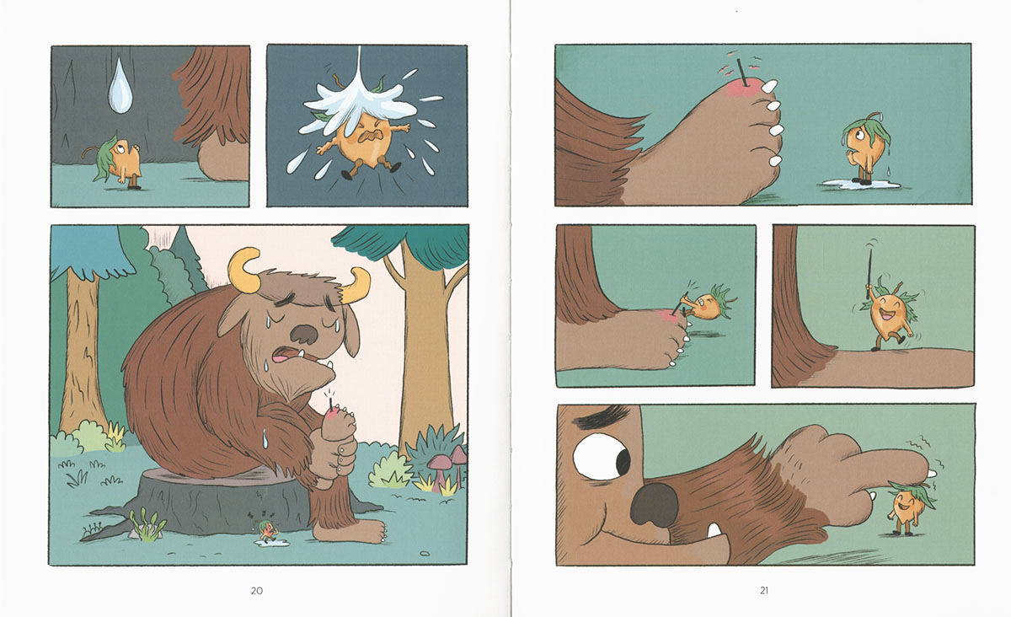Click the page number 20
point(257,590)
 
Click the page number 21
point(763,590)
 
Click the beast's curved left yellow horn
point(244,270)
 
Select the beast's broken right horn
point(356,286)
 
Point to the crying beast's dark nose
point(304,334)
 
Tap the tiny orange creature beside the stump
point(266,532)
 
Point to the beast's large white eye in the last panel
point(602,457)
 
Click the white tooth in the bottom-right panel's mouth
point(714,530)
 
